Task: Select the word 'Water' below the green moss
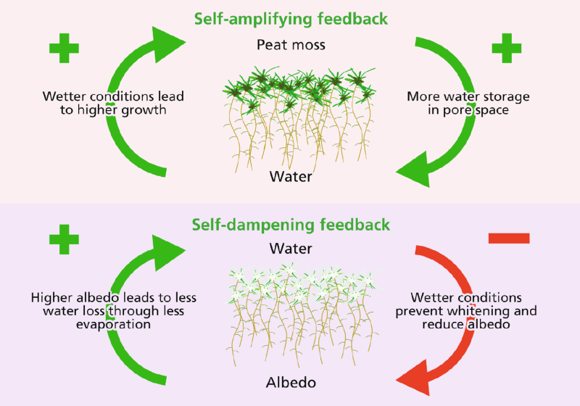[x=291, y=176]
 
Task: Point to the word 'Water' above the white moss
[x=291, y=248]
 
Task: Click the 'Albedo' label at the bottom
[x=291, y=381]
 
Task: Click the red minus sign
[x=509, y=238]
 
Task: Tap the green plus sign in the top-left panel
[x=65, y=49]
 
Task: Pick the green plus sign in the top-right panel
[x=507, y=49]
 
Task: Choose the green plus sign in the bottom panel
[x=65, y=240]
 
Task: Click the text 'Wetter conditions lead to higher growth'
[x=112, y=103]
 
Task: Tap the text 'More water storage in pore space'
[x=468, y=103]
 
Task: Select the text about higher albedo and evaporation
[x=113, y=311]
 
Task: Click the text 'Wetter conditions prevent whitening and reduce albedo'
[x=466, y=311]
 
